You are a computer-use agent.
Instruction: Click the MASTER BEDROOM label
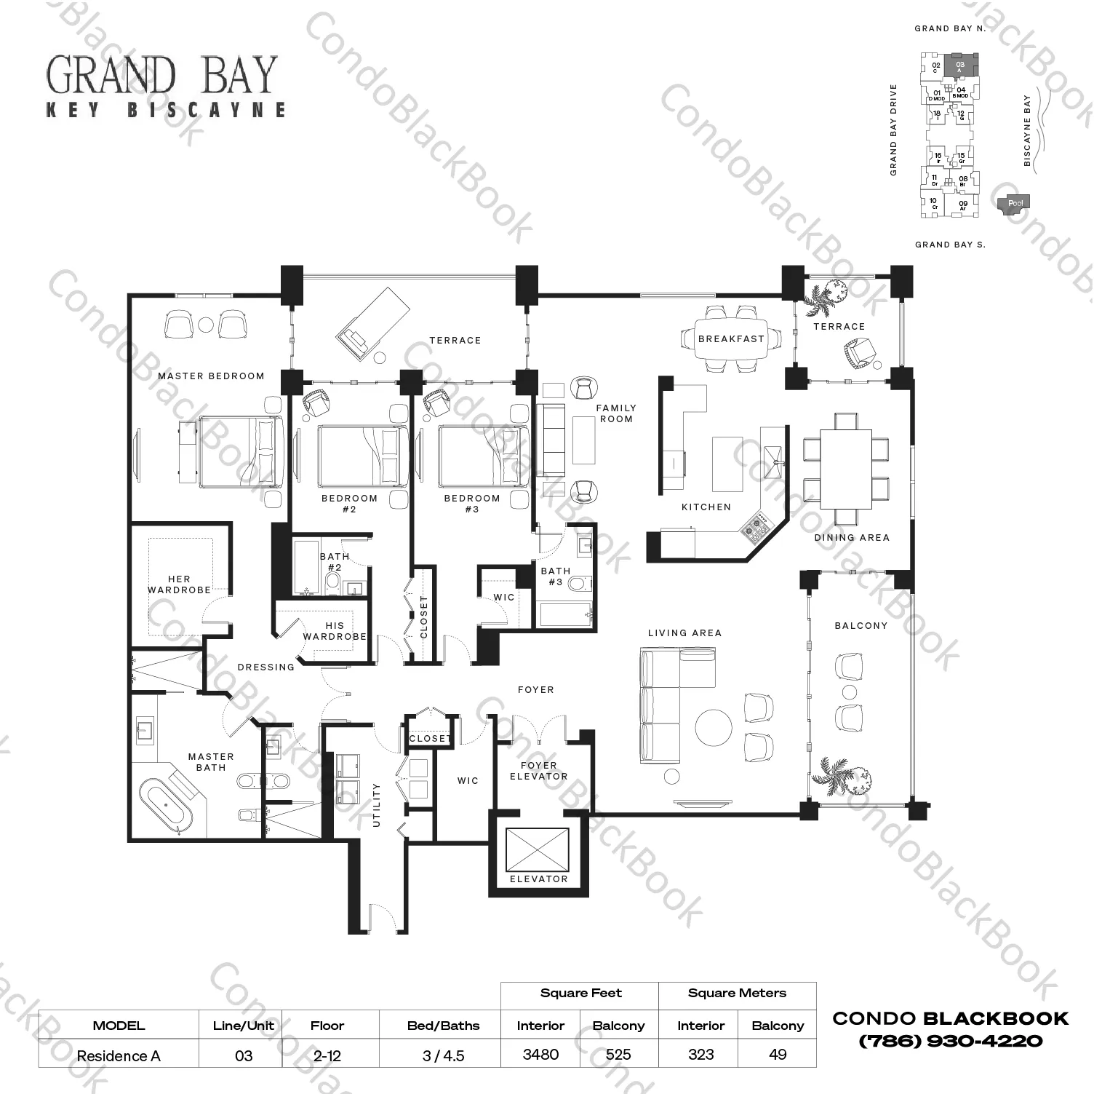tap(211, 376)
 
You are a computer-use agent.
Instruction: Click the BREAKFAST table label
tap(731, 339)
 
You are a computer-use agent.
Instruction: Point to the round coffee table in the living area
tap(714, 727)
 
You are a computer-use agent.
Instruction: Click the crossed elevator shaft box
tap(538, 849)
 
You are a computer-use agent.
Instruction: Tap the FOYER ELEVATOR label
tap(538, 771)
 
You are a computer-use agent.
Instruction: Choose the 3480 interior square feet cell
tap(540, 1054)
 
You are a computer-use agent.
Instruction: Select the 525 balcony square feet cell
tap(618, 1054)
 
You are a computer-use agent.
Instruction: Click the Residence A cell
tap(118, 1055)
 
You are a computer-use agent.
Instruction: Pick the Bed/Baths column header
tap(443, 1026)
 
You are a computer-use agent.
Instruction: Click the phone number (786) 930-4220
tap(951, 1041)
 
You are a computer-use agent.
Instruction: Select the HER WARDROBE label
tap(179, 584)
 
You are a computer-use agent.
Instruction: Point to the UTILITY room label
tap(376, 804)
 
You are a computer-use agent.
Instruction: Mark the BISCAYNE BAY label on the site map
tap(1027, 130)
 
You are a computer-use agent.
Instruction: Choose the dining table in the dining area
tap(845, 469)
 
